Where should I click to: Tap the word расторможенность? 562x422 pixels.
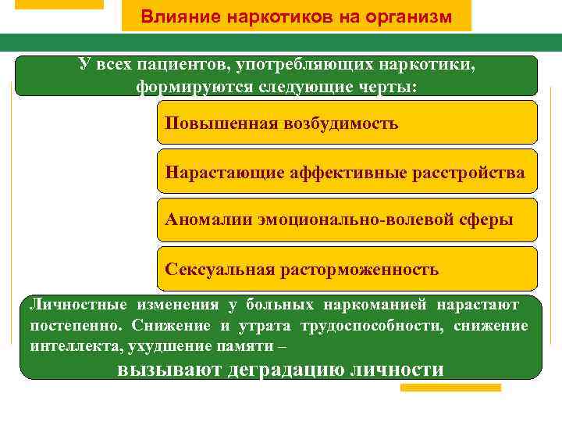[x=357, y=270]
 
